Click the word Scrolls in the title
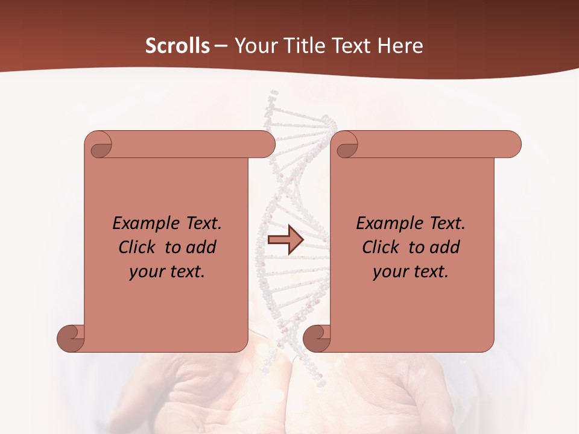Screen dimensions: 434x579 [x=178, y=46]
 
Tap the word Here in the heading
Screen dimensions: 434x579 [x=400, y=46]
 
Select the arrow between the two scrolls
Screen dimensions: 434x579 [x=285, y=240]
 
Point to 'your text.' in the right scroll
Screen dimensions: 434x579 [x=410, y=272]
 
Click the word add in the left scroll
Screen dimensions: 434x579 [x=201, y=247]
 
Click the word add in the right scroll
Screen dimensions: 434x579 [x=445, y=247]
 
